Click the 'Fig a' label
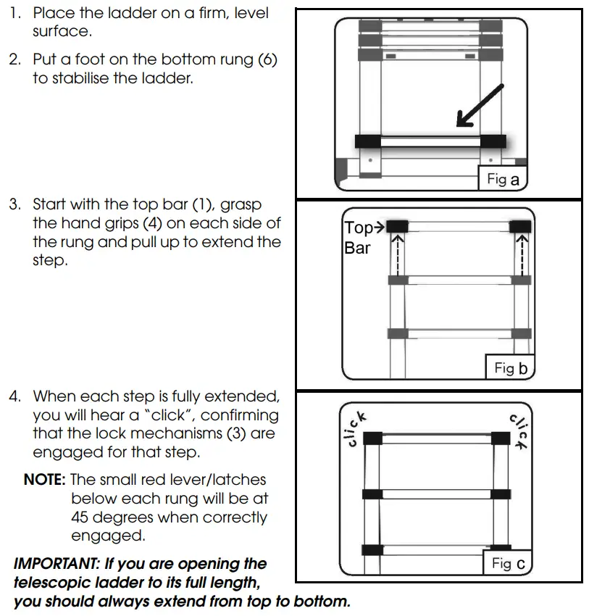click(x=503, y=179)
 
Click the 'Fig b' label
click(x=510, y=368)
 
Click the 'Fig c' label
click(x=509, y=563)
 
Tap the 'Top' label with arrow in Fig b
click(x=364, y=228)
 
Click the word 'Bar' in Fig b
click(x=357, y=248)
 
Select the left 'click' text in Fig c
click(x=356, y=428)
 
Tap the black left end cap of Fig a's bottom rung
click(x=369, y=141)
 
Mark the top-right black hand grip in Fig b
click(x=520, y=227)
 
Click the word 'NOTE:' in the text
click(x=45, y=480)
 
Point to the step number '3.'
click(x=15, y=204)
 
